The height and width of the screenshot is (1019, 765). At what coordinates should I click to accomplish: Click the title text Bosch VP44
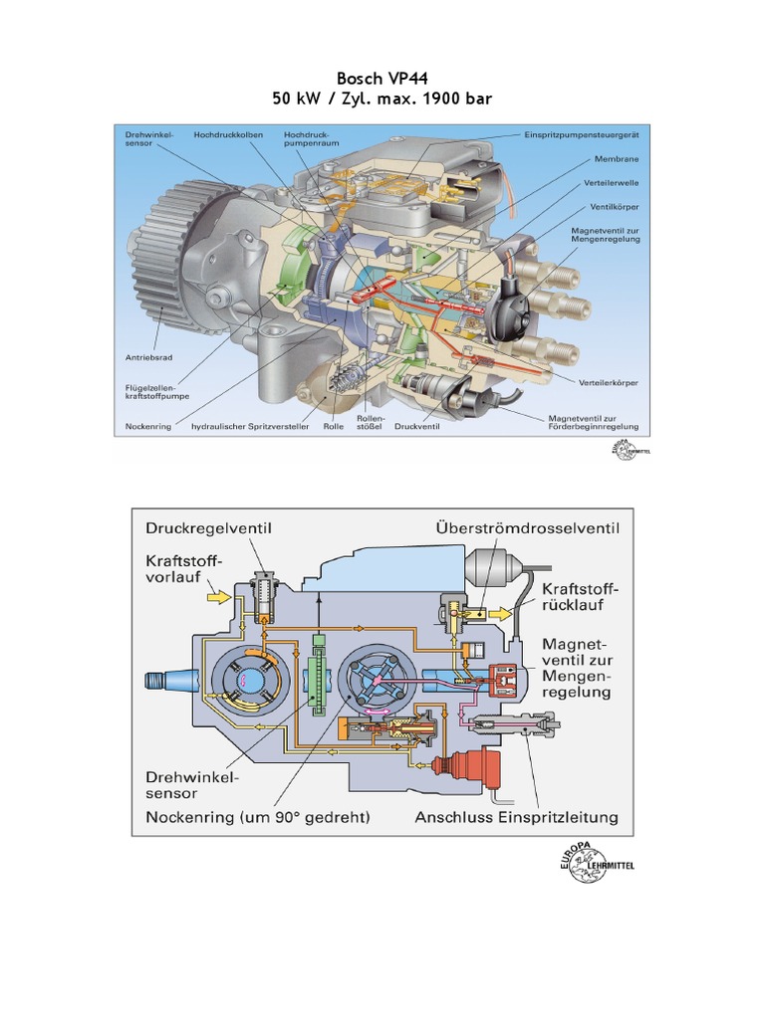point(382,79)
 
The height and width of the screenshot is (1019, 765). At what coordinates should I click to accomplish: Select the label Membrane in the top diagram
point(617,158)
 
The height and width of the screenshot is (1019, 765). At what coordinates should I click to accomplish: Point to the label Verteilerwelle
point(610,183)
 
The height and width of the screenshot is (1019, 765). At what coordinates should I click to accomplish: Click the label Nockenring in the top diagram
point(149,427)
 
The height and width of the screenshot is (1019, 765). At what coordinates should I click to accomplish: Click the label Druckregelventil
point(209,527)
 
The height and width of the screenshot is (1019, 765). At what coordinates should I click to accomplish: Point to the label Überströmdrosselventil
point(527,527)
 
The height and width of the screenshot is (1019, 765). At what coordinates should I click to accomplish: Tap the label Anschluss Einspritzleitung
point(515,818)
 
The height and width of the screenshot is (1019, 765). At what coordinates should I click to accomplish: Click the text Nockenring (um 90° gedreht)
point(258,818)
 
